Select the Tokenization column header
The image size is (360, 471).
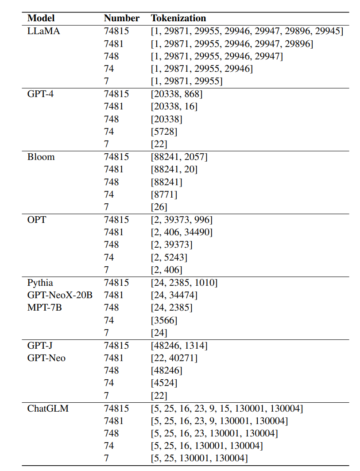click(x=178, y=18)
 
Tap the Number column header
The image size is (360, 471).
click(x=121, y=18)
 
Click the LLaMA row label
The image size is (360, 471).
click(x=43, y=31)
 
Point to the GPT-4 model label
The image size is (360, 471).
click(x=40, y=94)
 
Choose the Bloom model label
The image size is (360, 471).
click(x=41, y=157)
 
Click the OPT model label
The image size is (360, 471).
click(x=36, y=220)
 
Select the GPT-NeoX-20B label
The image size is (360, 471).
click(x=60, y=295)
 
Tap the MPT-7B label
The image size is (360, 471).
click(x=44, y=308)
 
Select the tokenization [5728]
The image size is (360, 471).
click(x=164, y=132)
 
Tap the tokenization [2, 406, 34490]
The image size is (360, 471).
click(x=182, y=232)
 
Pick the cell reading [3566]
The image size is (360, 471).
click(x=164, y=320)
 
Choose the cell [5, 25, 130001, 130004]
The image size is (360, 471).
click(x=199, y=458)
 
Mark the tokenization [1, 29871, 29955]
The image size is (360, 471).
click(x=186, y=81)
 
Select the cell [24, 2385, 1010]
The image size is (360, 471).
click(x=184, y=283)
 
